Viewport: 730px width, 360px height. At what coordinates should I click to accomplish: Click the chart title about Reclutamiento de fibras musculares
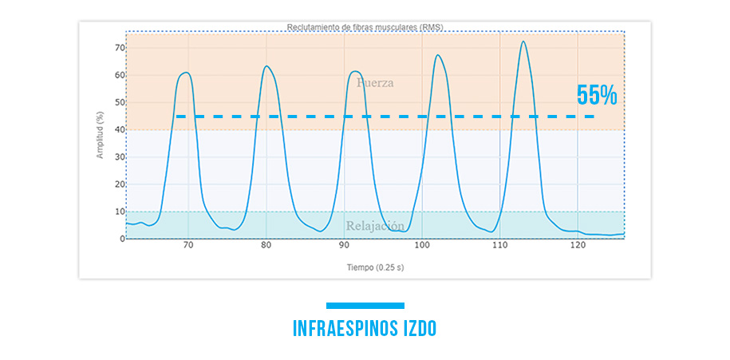point(365,27)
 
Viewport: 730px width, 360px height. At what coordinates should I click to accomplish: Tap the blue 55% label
point(597,96)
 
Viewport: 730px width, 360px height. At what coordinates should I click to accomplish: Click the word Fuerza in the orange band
point(375,82)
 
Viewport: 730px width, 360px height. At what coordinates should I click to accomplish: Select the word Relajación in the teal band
point(375,226)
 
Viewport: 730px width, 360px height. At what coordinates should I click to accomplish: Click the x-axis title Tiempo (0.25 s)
point(364,267)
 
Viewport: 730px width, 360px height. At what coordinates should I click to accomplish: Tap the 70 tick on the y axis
point(119,48)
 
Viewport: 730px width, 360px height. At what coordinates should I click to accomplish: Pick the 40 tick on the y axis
point(119,130)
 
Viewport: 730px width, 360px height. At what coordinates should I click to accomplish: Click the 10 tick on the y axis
point(119,212)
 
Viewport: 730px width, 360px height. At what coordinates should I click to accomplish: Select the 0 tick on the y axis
point(121,239)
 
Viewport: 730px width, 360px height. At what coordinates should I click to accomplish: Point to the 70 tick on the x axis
point(188,247)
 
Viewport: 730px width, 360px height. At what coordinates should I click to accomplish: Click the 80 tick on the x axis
point(266,247)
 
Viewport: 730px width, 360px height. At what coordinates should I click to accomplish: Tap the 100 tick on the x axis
point(422,247)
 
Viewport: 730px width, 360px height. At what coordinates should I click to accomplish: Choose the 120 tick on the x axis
point(578,247)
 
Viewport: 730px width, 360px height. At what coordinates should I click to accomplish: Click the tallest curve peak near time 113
point(523,42)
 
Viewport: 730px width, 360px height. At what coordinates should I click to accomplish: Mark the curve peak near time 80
point(266,66)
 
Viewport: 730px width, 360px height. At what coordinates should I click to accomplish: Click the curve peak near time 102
point(437,55)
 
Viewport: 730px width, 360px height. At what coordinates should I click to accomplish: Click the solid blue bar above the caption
point(365,305)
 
